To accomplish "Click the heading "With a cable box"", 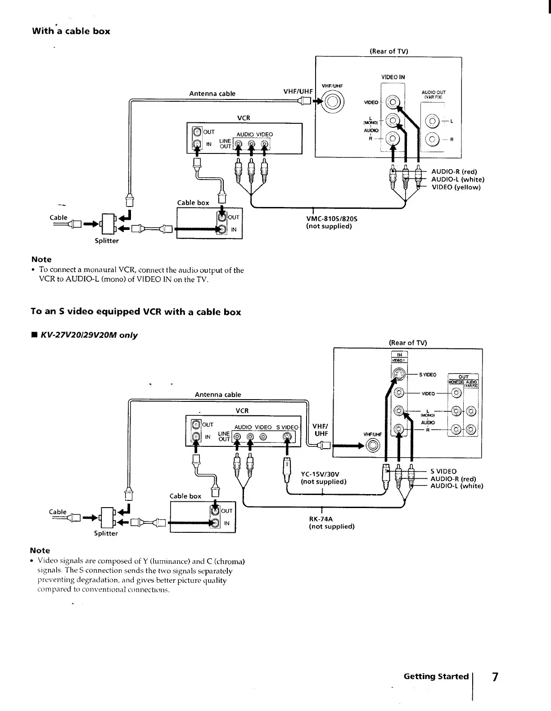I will pos(71,31).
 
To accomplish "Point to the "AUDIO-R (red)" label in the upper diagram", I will pos(454,171).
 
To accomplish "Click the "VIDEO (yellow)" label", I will pos(456,187).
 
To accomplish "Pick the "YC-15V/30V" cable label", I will pos(320,474).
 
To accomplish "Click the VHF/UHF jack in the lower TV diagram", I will pos(373,445).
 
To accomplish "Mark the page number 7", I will pos(495,677).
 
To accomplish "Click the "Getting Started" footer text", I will pos(436,676).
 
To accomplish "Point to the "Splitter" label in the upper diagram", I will pos(107,241).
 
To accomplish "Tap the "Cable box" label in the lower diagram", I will pos(185,496).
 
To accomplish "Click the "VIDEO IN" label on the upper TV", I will pos(393,77).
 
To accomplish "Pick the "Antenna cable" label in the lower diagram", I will pos(218,395).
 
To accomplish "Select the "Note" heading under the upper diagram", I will pos(41,259).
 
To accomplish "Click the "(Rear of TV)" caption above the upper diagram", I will pos(388,51).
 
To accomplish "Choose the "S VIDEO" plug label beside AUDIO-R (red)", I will pos(443,471).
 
